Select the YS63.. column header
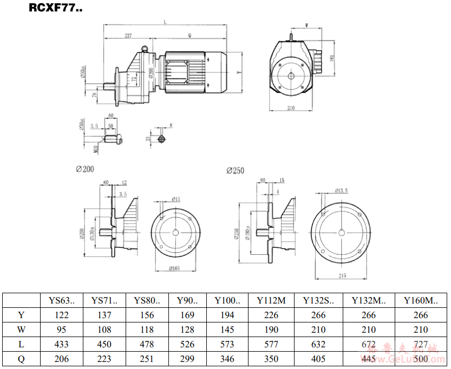coord(62,300)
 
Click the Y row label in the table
coord(21,315)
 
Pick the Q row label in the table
coord(21,359)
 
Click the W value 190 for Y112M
coord(271,330)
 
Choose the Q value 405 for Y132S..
coord(318,359)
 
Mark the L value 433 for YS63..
coord(62,344)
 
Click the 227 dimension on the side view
coord(128,36)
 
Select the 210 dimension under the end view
coord(291,108)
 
